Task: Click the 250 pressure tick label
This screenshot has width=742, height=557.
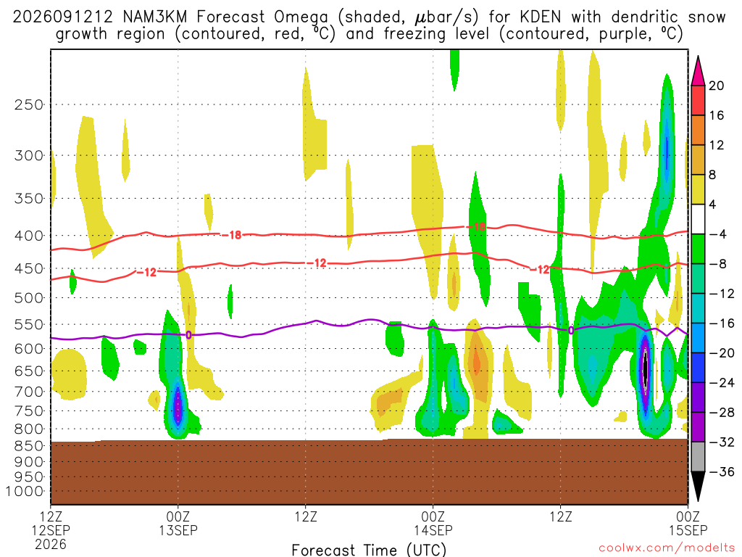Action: [28, 104]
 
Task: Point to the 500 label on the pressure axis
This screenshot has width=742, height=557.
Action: [28, 298]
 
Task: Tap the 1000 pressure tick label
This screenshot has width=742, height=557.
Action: [24, 491]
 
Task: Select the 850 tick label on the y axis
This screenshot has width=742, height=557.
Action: [28, 446]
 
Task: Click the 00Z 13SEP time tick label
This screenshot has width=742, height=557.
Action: [178, 523]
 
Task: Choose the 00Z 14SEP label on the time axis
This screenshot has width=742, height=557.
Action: [433, 523]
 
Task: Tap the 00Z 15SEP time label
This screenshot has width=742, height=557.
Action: [688, 523]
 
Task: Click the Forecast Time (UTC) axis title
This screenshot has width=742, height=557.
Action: [369, 550]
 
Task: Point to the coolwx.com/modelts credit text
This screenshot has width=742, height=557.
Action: [667, 548]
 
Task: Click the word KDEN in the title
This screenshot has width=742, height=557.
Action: [540, 17]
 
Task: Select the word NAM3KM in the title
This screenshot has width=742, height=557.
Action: [155, 17]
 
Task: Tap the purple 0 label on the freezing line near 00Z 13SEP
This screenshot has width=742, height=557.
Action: [189, 335]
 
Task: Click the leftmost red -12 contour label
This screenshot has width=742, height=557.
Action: [147, 273]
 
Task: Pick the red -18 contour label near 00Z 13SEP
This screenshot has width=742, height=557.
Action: [232, 234]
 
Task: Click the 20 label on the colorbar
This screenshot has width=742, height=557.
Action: [716, 86]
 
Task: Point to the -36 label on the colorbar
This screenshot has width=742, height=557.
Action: [721, 471]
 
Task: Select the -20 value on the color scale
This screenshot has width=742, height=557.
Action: [721, 353]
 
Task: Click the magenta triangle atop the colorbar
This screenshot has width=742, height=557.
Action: [698, 70]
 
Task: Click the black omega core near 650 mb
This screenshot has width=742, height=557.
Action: [645, 368]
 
